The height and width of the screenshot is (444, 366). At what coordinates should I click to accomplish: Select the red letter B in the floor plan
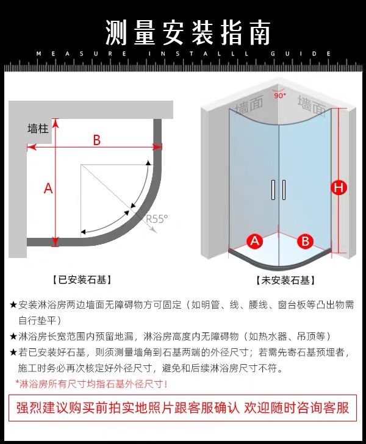pos(96,140)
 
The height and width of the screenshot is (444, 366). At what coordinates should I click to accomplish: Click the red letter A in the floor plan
pos(48,188)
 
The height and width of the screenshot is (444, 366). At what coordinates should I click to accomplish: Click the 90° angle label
pos(279,96)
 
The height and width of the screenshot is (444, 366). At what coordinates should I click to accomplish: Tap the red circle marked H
pos(339,187)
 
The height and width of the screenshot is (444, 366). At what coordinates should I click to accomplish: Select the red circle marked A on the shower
pos(255,240)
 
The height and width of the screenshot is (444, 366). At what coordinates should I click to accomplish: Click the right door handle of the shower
pos(284,190)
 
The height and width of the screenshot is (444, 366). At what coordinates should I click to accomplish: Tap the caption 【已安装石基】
pos(84,280)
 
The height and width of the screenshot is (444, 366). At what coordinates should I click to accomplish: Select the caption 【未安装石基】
pos(285,281)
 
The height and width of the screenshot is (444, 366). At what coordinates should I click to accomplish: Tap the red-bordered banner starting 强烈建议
pos(182,407)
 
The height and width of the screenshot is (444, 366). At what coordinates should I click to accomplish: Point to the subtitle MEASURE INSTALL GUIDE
pos(183,54)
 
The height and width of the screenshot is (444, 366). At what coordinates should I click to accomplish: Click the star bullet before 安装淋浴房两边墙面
pos(13,305)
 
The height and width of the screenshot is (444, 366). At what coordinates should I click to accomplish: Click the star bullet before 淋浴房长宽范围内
pos(13,336)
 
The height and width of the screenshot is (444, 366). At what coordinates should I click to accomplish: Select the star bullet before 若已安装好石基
pos(13,353)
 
